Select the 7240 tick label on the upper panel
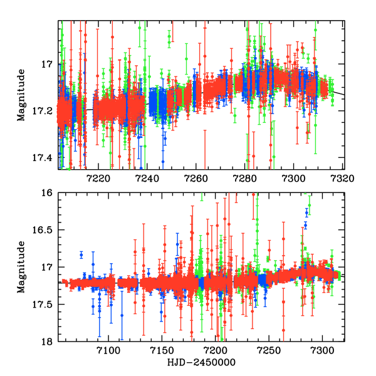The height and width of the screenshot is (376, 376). click(146, 178)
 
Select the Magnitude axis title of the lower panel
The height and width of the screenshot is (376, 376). click(21, 267)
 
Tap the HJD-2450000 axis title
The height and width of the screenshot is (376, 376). click(201, 363)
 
